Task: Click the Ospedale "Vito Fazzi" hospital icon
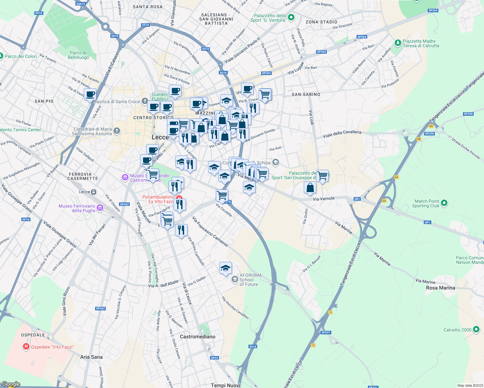click(26, 347)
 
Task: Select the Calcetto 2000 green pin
click(476, 330)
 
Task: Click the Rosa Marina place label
click(440, 288)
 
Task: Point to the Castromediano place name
click(197, 337)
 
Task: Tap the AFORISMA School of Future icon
click(235, 280)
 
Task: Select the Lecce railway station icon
click(93, 192)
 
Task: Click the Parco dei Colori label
click(21, 56)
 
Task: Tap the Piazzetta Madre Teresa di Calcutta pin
click(398, 43)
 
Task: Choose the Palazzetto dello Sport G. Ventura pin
click(291, 17)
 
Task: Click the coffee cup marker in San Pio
click(90, 95)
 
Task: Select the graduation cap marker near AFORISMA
click(225, 268)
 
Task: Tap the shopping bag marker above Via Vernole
click(310, 188)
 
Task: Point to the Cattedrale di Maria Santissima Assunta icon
click(117, 131)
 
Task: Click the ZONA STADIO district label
click(321, 22)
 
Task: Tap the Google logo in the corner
click(11, 384)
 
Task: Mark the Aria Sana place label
click(91, 357)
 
